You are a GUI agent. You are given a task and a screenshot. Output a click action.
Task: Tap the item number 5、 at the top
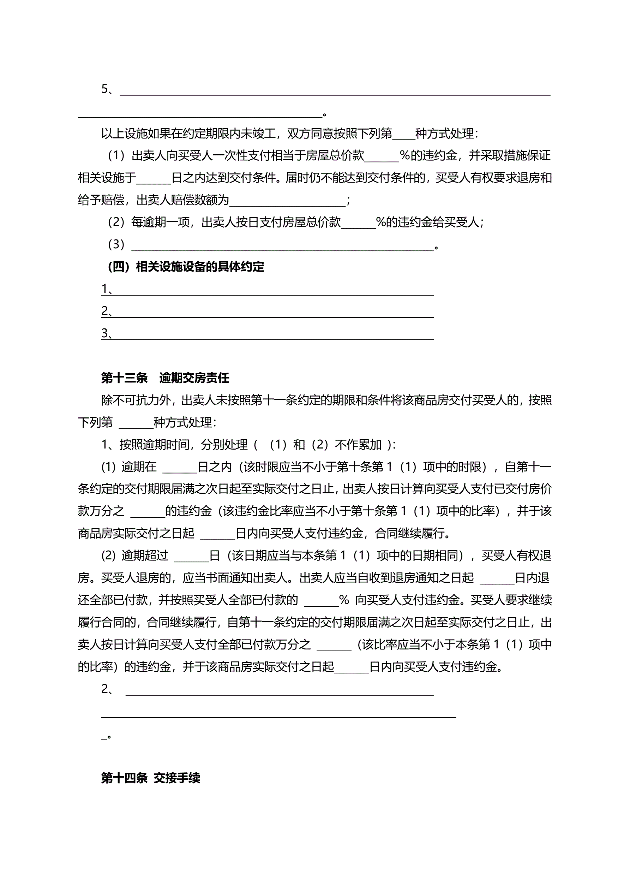(x=107, y=89)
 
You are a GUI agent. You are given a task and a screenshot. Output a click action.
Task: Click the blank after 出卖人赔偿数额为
(x=287, y=201)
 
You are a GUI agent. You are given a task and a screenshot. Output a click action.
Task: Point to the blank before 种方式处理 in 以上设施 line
(x=403, y=135)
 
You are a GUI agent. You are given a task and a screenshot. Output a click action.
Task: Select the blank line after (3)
(x=282, y=246)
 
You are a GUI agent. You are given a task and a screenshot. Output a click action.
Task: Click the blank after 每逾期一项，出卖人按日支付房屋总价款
(x=359, y=223)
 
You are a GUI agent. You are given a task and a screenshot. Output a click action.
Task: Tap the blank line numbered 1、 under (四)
(x=271, y=290)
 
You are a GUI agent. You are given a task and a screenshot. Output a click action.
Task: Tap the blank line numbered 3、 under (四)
(x=271, y=334)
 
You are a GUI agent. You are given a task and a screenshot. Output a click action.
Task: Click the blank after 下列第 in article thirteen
(x=136, y=423)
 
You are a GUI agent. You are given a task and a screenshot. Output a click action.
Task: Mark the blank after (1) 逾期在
(x=180, y=468)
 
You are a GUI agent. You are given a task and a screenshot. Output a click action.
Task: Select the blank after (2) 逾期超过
(x=192, y=557)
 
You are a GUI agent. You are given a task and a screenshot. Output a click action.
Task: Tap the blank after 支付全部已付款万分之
(x=334, y=645)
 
